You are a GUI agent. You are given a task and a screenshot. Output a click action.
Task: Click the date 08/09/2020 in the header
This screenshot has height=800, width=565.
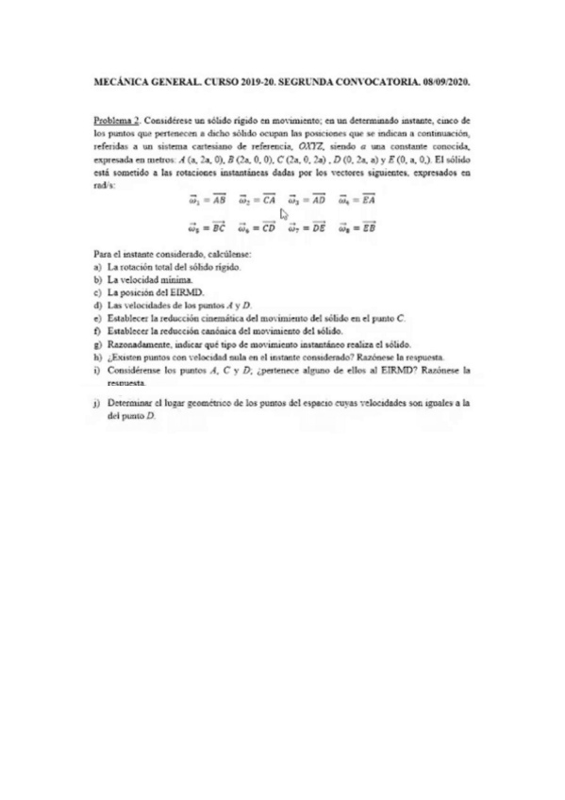coord(443,83)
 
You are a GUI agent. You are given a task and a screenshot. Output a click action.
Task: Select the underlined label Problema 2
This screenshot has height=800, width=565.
coord(117,122)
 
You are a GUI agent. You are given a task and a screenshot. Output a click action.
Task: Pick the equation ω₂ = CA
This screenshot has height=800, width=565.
coord(257,200)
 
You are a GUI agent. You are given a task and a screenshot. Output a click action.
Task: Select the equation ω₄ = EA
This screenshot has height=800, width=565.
coord(358,200)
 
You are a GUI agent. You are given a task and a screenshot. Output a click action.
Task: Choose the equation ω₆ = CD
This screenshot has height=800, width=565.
coord(257,227)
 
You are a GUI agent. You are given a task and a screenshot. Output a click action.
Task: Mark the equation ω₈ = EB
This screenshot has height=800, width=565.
coord(358,227)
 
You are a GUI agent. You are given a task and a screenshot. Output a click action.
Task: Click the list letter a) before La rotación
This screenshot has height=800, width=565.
coord(98,268)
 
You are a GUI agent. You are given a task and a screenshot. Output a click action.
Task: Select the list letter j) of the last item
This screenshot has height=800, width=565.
coord(98,402)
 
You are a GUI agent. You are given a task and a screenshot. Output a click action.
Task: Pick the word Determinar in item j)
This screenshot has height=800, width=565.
coord(131,402)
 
